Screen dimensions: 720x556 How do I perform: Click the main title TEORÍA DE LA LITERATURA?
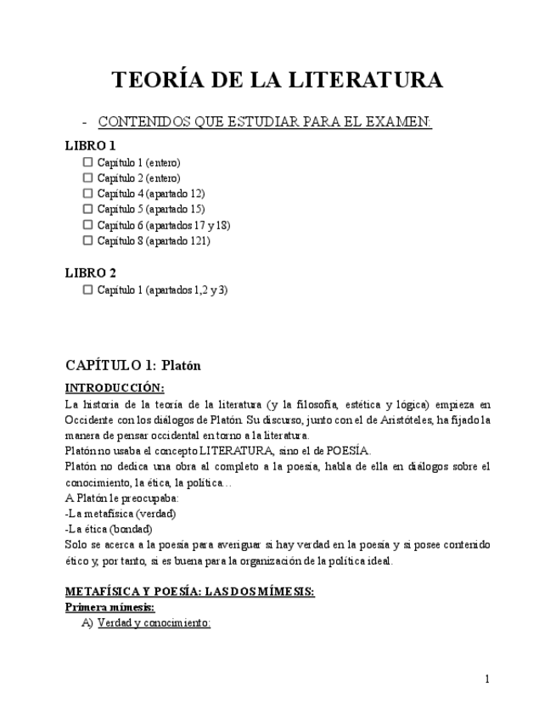(278, 80)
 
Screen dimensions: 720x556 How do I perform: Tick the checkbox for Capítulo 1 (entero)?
(87, 162)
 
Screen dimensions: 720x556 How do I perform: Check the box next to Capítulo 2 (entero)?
(87, 178)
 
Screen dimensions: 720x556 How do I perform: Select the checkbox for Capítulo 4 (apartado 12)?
(87, 194)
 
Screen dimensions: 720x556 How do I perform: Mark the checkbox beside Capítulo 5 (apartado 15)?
(87, 209)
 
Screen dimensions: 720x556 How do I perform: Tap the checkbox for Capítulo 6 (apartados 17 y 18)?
(87, 225)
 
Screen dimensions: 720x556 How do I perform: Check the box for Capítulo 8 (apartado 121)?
(87, 240)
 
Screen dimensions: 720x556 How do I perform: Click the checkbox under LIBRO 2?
(87, 290)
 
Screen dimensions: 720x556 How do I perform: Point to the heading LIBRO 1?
(91, 145)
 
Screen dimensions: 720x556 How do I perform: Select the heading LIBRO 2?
(91, 273)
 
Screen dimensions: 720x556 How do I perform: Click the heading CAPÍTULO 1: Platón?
(132, 365)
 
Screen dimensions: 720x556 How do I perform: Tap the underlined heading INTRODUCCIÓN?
(115, 388)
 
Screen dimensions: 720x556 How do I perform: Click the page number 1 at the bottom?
(487, 678)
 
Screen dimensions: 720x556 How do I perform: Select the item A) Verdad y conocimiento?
(145, 623)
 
